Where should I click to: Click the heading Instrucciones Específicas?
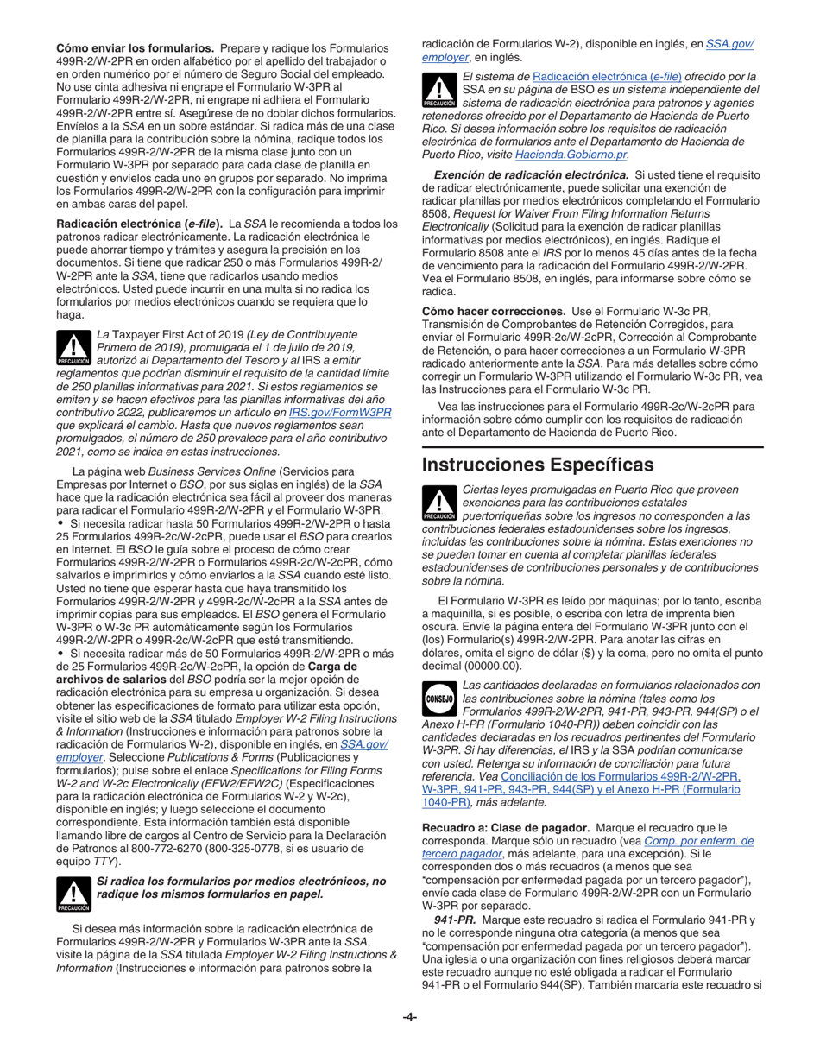coord(537,465)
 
